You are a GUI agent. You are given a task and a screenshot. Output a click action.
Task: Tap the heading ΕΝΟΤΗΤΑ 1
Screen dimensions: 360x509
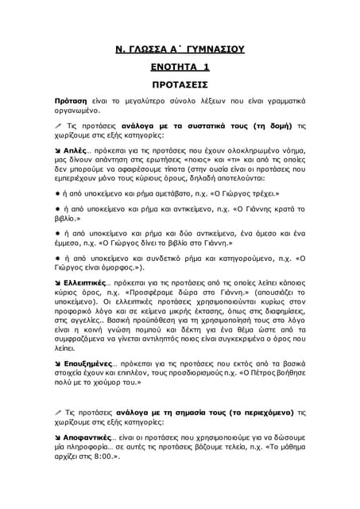[179, 67]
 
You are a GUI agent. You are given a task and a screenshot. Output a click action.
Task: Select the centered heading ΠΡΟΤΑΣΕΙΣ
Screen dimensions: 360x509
[180, 84]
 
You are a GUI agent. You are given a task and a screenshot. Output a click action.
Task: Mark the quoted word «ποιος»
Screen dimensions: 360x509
[203, 159]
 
